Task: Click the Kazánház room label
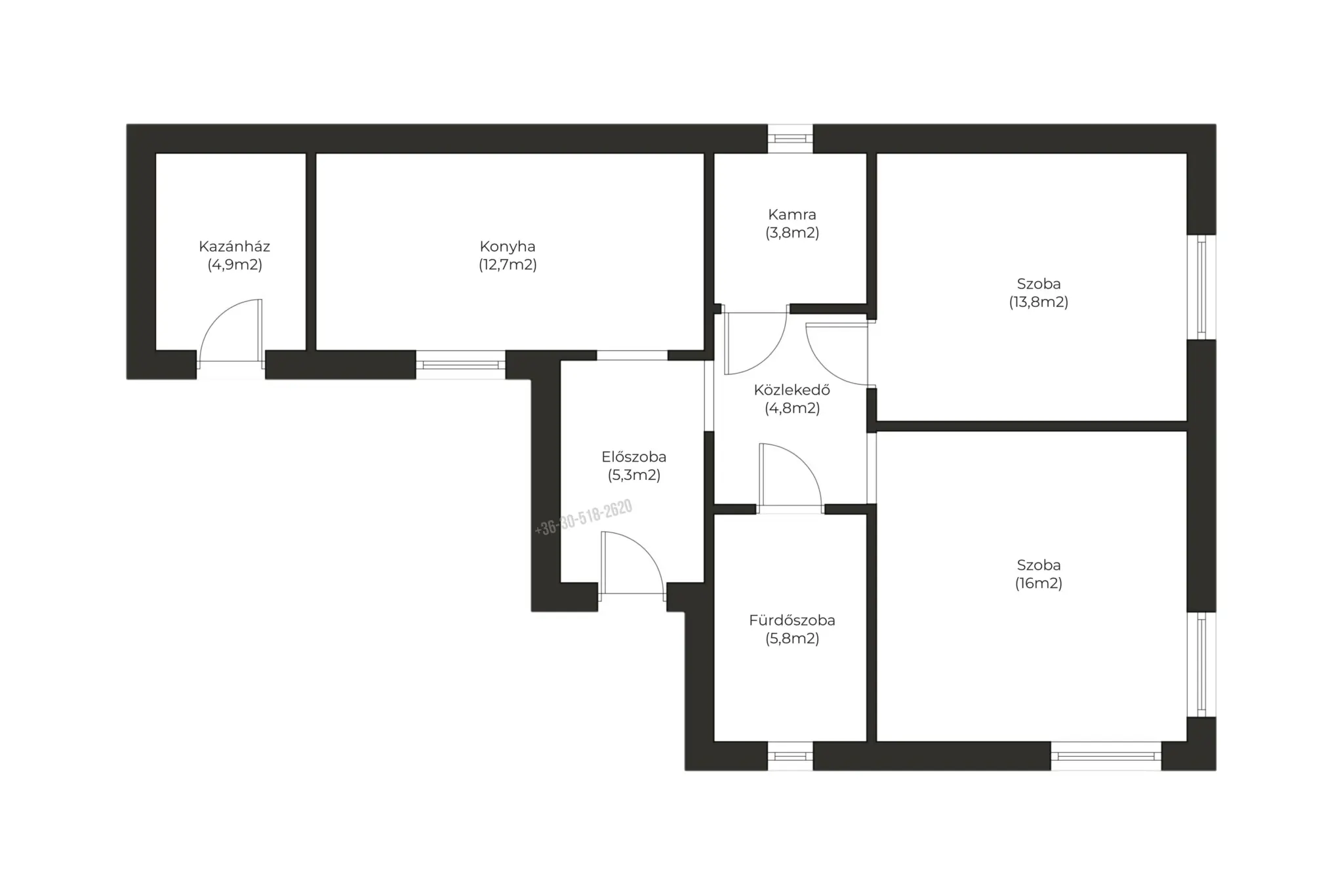pos(234,247)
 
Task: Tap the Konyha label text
pos(508,247)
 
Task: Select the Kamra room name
pos(792,214)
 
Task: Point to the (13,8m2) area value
pos(1039,302)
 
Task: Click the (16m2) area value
pos(1039,584)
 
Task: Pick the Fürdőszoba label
pos(792,620)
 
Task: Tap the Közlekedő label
pos(792,390)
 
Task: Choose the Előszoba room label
pos(634,457)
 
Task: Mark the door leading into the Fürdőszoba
pos(790,475)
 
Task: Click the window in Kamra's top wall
pos(790,138)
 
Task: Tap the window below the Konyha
pos(461,365)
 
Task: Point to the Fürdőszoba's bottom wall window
pos(790,756)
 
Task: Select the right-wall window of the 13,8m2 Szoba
pos(1201,287)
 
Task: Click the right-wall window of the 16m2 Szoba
pos(1201,665)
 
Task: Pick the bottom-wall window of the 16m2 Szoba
pos(1106,756)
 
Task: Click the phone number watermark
pos(584,517)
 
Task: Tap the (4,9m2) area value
pos(235,265)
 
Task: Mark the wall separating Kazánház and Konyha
pos(311,252)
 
